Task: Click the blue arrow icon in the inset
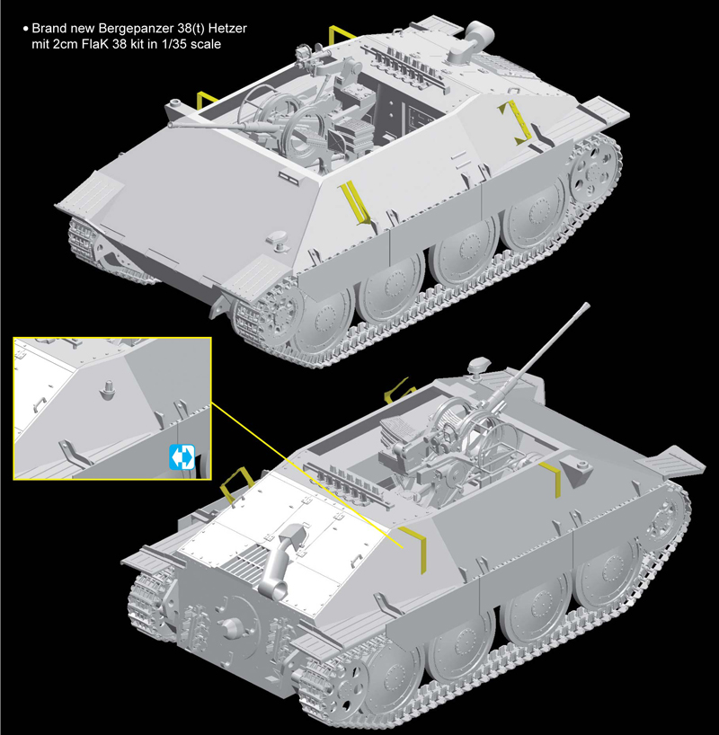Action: [x=180, y=457]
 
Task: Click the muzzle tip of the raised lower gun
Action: [x=585, y=308]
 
